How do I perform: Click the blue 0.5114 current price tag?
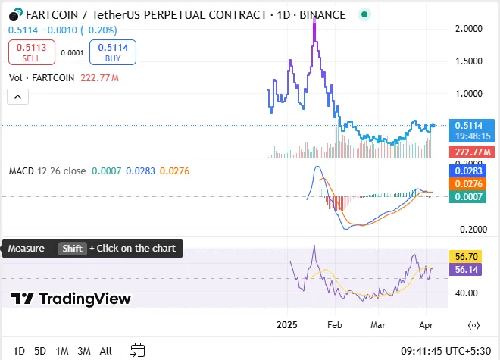pyautogui.click(x=471, y=125)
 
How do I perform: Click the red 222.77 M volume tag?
pyautogui.click(x=471, y=152)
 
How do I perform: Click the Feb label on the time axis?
pyautogui.click(x=333, y=324)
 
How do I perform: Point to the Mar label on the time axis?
pyautogui.click(x=379, y=324)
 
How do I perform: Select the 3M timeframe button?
pyautogui.click(x=84, y=351)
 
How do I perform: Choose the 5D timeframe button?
pyautogui.click(x=40, y=351)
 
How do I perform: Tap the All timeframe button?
pyautogui.click(x=106, y=351)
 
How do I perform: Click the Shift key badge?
pyautogui.click(x=73, y=249)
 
